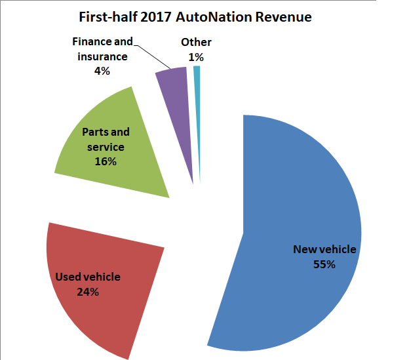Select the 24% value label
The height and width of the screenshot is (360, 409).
pos(87,292)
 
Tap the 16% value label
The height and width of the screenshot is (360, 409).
pos(106,161)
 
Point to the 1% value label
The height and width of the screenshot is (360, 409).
pos(196,57)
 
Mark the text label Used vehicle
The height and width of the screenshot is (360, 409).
pos(87,277)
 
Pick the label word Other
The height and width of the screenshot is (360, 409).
pos(196,43)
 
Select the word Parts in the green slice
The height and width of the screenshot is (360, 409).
pos(95,132)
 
